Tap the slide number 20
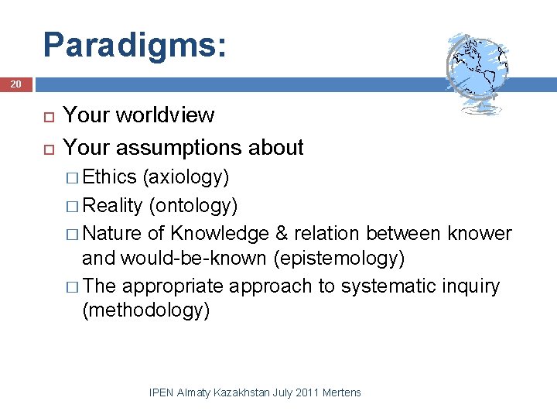point(16,83)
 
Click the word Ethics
point(109,177)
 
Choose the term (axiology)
point(186,177)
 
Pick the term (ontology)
point(193,205)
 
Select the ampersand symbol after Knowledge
point(281,233)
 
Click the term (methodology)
point(146,310)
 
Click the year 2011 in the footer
point(307,392)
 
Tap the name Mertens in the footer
point(342,392)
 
